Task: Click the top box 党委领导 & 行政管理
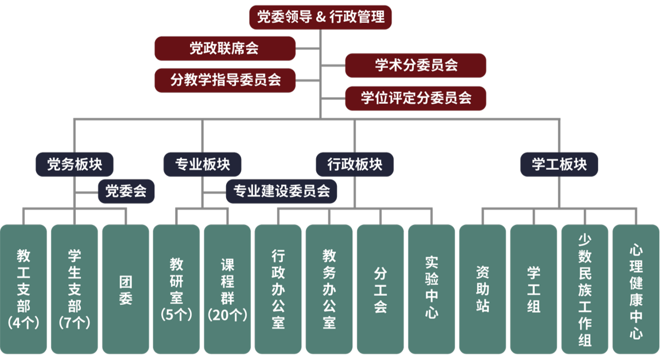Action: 320,17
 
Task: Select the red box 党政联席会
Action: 225,48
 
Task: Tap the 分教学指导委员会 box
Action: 225,80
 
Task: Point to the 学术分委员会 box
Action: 416,65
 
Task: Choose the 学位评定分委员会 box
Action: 416,98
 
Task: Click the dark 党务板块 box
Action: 74,165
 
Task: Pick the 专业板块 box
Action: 202,165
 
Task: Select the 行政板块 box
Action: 355,165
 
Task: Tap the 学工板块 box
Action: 559,165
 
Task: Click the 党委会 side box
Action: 126,191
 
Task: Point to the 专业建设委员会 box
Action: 281,191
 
